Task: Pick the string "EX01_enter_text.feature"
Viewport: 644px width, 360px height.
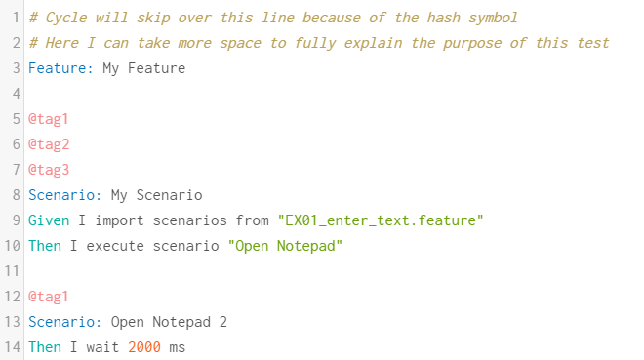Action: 381,220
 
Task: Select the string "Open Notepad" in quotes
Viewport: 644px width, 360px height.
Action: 285,246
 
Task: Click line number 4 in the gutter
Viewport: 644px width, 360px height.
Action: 16,94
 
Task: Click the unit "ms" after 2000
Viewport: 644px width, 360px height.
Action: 176,347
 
